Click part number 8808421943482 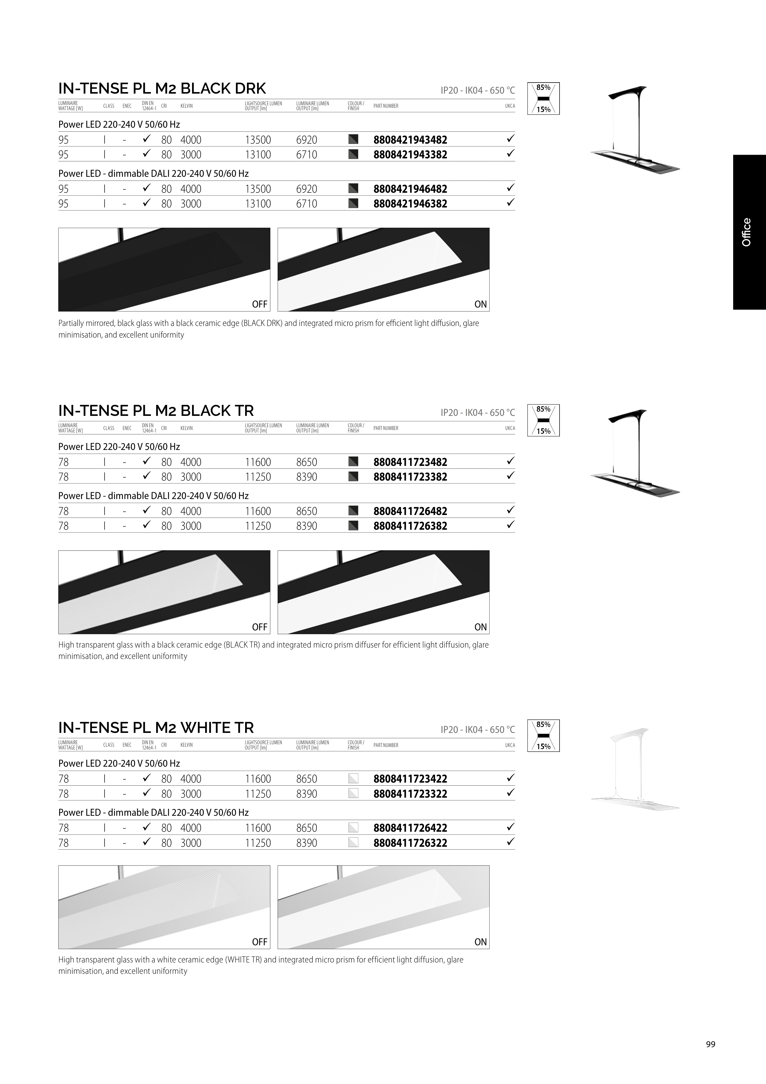click(410, 140)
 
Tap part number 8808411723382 click(410, 477)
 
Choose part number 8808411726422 click(410, 828)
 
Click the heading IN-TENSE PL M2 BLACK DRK click(162, 88)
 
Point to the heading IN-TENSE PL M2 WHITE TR click(156, 728)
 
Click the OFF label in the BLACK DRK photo click(260, 304)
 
